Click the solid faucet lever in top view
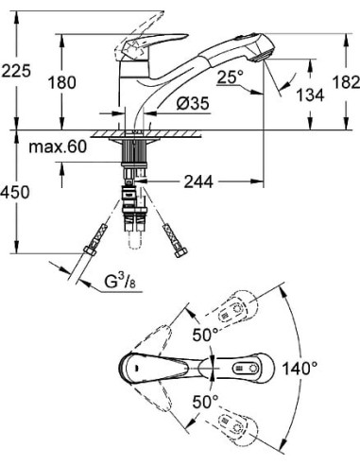tap(156, 365)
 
